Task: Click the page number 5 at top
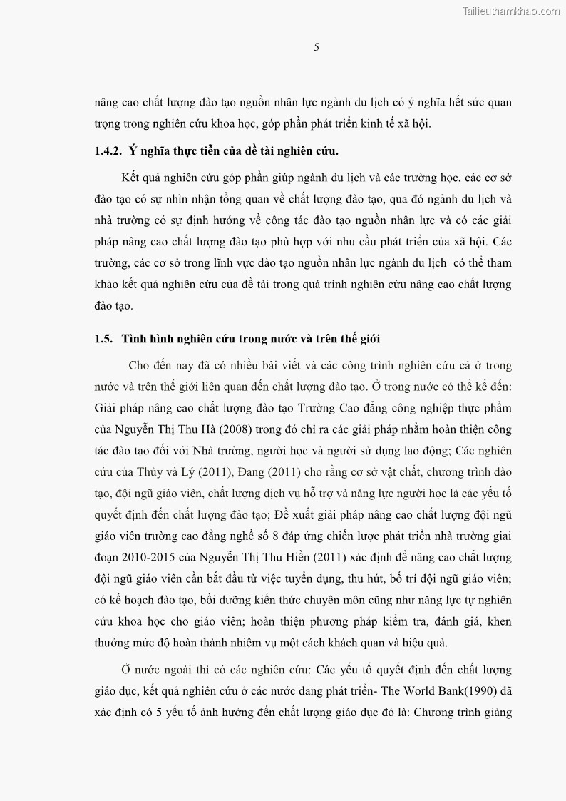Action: pos(317,48)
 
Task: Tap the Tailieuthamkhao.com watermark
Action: pos(511,11)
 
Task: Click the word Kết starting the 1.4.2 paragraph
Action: pos(132,176)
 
